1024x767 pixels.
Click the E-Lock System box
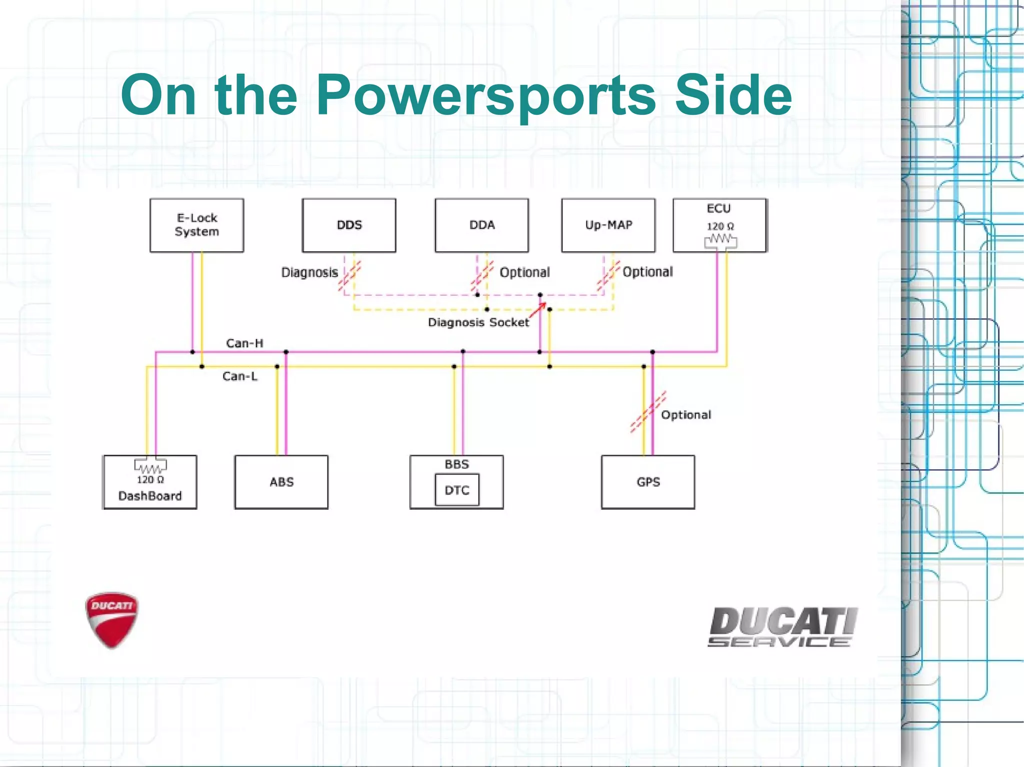(x=196, y=225)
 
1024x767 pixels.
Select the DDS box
(x=349, y=225)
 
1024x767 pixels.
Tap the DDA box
(x=481, y=225)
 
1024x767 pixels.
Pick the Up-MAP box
(x=608, y=225)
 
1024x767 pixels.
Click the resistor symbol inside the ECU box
(x=720, y=240)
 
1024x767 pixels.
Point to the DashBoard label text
(x=150, y=496)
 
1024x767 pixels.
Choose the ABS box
(x=281, y=482)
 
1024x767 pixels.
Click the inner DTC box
(x=457, y=490)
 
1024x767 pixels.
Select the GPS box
(x=648, y=482)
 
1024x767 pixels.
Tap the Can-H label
(x=244, y=343)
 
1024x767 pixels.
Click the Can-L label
(x=240, y=376)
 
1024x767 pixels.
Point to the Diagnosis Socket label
(x=478, y=322)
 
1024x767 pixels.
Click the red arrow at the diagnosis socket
(x=538, y=310)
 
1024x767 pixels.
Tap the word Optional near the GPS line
(x=685, y=415)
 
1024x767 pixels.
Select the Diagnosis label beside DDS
(x=309, y=272)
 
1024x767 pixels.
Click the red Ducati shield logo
(x=111, y=620)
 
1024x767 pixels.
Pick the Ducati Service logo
(x=783, y=627)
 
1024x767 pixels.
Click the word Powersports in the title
(x=485, y=95)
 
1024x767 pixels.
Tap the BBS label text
(x=456, y=464)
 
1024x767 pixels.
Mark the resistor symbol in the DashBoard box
(x=150, y=467)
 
